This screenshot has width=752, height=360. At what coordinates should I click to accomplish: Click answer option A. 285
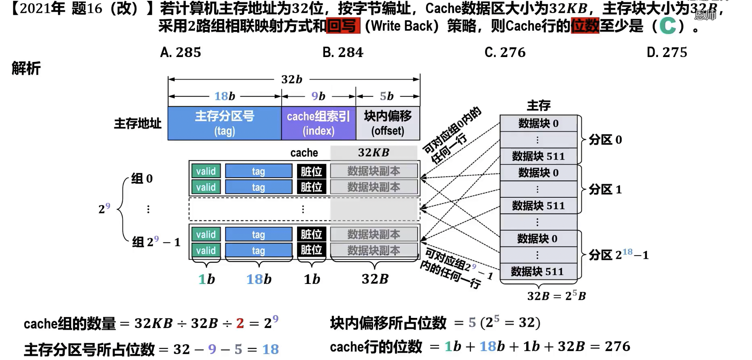[x=181, y=52]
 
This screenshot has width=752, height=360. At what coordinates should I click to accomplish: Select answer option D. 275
[x=667, y=52]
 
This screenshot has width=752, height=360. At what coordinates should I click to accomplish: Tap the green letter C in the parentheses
[x=667, y=26]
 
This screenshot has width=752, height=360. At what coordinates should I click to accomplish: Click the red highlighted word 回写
[x=342, y=26]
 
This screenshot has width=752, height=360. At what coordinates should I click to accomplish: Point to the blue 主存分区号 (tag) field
[x=225, y=123]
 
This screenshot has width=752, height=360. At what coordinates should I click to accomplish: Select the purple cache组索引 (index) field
[x=319, y=123]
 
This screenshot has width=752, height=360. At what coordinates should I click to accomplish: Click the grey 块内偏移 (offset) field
[x=388, y=123]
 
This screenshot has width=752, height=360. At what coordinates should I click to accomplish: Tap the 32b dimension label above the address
[x=292, y=79]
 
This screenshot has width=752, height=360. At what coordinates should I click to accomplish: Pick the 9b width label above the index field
[x=318, y=96]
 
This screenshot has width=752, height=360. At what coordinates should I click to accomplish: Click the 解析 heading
[x=26, y=68]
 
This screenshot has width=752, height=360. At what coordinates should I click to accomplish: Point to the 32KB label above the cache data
[x=374, y=152]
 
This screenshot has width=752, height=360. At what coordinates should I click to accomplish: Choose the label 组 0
[x=142, y=178]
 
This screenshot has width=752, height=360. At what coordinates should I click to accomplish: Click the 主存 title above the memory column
[x=538, y=106]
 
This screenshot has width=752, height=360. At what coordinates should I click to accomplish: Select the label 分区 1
[x=605, y=189]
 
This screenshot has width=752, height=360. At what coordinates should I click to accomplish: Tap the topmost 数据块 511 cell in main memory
[x=538, y=156]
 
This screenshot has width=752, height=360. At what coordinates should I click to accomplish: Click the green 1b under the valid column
[x=206, y=279]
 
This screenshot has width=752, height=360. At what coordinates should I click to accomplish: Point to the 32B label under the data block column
[x=375, y=279]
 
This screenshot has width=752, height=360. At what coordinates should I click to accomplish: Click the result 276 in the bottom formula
[x=617, y=346]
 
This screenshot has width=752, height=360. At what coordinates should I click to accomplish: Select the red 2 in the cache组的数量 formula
[x=240, y=323]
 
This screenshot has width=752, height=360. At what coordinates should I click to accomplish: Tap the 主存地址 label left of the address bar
[x=138, y=123]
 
